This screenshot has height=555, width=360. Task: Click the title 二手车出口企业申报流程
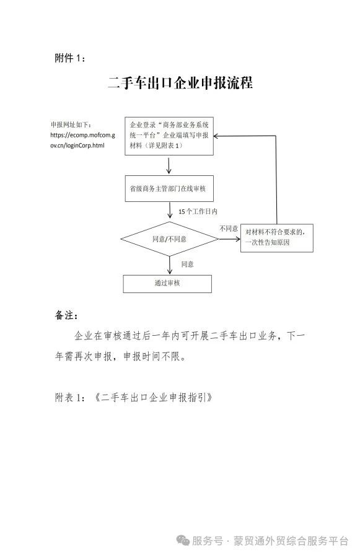click(180, 83)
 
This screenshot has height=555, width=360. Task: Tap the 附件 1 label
click(70, 58)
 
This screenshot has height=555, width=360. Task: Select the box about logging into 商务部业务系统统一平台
click(169, 136)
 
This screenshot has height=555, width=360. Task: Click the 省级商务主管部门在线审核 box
click(169, 189)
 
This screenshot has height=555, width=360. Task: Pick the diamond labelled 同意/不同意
click(170, 239)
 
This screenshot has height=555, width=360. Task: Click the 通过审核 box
click(167, 284)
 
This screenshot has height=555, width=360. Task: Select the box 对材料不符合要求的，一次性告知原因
click(277, 238)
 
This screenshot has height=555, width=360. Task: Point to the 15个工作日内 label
click(198, 212)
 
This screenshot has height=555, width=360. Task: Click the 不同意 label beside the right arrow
click(229, 229)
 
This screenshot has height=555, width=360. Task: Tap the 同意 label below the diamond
click(188, 264)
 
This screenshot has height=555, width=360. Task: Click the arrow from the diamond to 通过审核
click(170, 265)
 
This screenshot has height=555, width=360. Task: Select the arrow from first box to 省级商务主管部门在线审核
click(169, 165)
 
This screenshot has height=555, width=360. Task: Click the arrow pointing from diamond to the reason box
click(229, 239)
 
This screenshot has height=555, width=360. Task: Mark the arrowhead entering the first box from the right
click(216, 136)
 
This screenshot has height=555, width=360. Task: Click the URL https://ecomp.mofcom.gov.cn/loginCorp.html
click(82, 140)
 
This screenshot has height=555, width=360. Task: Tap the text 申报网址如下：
click(71, 125)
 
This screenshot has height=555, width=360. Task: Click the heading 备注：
click(66, 315)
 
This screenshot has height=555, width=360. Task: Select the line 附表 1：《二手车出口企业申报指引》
click(133, 398)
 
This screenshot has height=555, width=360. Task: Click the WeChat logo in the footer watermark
click(183, 540)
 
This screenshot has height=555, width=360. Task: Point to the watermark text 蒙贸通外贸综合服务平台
click(291, 541)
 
